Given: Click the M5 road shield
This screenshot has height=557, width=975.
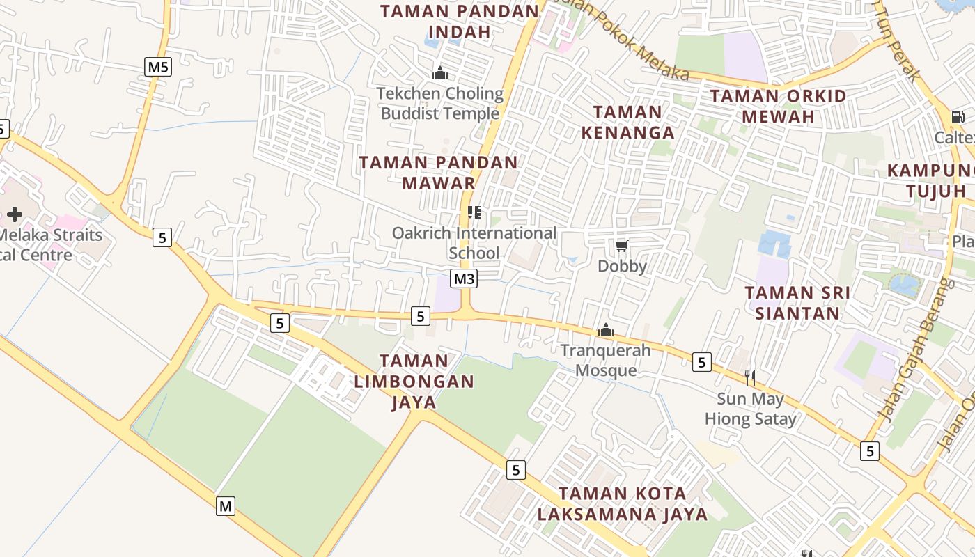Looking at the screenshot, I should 159,67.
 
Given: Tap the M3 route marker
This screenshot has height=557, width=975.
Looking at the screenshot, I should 464,279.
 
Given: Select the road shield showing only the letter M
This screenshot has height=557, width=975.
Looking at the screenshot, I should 225,506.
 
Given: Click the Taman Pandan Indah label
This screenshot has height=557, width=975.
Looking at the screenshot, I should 460,22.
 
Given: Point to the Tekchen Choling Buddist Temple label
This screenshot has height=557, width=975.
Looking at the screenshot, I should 440,103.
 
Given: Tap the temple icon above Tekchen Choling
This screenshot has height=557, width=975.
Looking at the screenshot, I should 440,73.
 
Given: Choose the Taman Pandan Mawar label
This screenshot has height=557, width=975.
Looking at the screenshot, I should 439,173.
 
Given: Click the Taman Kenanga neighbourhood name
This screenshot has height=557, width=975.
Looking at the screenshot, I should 628,122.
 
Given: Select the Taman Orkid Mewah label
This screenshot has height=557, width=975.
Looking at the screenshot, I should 778,106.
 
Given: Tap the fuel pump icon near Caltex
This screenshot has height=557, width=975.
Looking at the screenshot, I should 958,117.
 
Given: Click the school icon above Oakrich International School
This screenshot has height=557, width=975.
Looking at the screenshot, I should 474,212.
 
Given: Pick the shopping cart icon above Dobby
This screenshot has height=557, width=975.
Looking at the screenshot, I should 622,246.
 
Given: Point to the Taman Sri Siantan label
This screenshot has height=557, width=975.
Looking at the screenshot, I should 797,303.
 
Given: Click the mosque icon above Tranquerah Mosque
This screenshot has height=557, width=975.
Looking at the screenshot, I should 606,330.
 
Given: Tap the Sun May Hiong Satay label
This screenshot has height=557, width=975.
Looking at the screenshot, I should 751,409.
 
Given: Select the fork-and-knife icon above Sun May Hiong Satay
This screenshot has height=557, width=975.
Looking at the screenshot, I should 750,378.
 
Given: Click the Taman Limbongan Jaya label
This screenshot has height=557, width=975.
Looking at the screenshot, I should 414,381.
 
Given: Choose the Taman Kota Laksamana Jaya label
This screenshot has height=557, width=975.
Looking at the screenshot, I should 623,504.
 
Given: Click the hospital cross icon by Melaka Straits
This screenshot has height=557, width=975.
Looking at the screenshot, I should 15,214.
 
